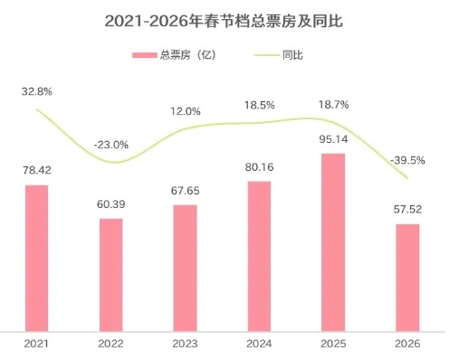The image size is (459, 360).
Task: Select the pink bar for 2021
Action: point(37,258)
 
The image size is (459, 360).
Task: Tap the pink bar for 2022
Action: point(110,274)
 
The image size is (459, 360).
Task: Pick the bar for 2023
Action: point(185,268)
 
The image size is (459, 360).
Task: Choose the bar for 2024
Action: point(259,256)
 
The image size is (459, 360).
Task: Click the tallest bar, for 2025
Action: point(333,242)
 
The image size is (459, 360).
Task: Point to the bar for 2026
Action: point(407,277)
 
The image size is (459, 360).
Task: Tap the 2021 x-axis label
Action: point(37,345)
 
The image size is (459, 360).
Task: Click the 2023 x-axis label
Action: point(185,345)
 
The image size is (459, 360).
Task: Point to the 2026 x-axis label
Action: point(407,345)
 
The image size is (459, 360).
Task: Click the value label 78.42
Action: point(37,169)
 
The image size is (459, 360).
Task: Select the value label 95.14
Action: point(333,138)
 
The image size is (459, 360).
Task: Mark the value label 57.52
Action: point(407,209)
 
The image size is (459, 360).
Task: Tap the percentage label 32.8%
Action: point(38,91)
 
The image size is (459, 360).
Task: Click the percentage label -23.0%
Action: point(111,145)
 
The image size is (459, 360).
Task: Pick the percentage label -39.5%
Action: point(407,160)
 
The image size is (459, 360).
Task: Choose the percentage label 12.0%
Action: point(185,110)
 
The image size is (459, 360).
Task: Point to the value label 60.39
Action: point(110,204)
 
